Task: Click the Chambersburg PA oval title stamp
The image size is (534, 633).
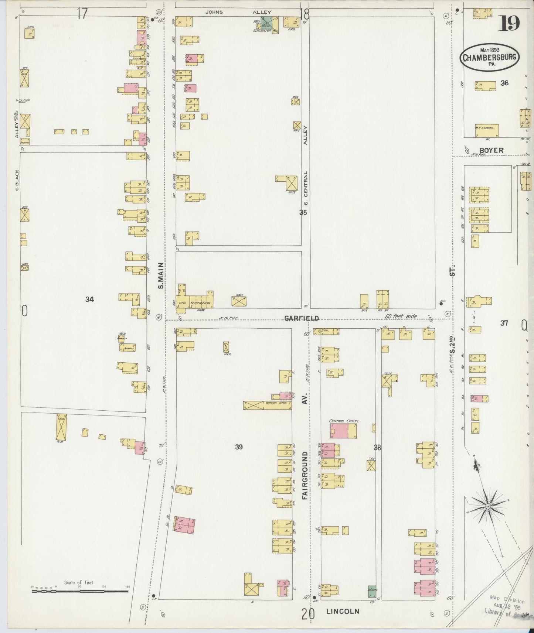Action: [x=489, y=57]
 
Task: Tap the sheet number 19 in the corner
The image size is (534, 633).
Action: [x=510, y=24]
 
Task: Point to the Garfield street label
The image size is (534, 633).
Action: [x=302, y=318]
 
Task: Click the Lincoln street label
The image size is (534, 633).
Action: [x=343, y=611]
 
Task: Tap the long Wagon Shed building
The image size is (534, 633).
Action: [x=267, y=405]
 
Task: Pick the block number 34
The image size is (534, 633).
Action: [x=89, y=300]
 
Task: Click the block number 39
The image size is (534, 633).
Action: [x=239, y=447]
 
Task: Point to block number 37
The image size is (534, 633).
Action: [x=504, y=323]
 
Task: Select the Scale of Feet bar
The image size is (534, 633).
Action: [x=80, y=591]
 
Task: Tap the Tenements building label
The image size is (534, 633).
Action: [x=200, y=303]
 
